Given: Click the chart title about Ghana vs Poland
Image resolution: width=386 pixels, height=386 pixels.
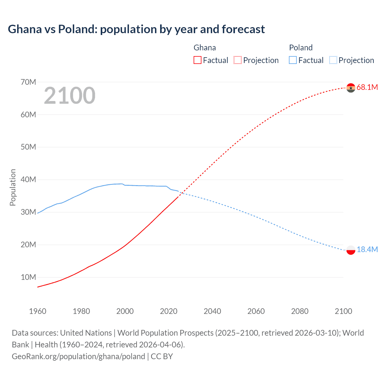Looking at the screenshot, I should tap(136, 29).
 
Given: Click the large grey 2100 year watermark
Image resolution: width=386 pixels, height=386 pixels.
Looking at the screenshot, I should tap(70, 96).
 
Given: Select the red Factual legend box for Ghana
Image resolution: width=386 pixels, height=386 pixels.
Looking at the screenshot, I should tap(197, 60).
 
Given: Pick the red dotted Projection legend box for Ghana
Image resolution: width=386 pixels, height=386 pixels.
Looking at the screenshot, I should tap(238, 60).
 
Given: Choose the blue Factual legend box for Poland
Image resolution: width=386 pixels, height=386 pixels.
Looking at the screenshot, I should tap(293, 60).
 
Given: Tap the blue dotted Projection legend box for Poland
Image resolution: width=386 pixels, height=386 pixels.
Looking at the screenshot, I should tap(333, 60).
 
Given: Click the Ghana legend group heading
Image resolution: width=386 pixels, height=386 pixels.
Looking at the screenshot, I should tap(204, 48).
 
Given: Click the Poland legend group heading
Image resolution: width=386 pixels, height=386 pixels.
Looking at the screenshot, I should tap(301, 48).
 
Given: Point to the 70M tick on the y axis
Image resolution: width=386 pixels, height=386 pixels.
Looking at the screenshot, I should tap(28, 82).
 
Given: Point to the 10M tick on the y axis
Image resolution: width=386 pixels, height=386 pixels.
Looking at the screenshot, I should tap(28, 277).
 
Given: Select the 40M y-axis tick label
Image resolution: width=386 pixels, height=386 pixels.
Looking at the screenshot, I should tap(28, 180).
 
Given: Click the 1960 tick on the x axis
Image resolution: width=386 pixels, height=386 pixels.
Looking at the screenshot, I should tap(38, 311).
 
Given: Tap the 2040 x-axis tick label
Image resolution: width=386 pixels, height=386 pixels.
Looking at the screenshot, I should tap(212, 311).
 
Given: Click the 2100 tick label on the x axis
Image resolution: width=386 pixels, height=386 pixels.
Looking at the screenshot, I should tap(343, 311).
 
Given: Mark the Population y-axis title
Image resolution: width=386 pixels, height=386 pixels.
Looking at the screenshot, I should tap(13, 187).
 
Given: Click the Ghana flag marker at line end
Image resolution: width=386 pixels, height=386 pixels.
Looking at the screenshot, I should tap(351, 88).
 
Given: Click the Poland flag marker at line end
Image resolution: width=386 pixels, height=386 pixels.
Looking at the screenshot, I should tap(351, 250).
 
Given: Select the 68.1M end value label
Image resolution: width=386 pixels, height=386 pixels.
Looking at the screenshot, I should tap(367, 87).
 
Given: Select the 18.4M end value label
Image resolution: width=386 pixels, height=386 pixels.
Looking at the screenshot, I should tap(367, 250).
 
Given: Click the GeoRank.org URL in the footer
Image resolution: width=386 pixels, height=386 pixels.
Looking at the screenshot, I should tap(78, 356).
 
